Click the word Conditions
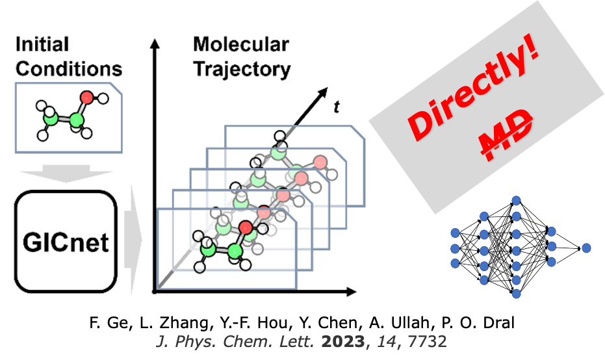69,68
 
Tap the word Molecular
241,45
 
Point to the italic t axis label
336,107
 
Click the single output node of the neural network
586,248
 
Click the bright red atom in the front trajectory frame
244,227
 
